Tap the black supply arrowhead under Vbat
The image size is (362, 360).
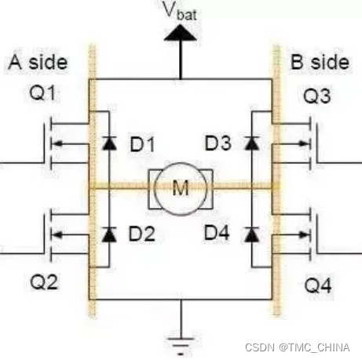click(x=180, y=33)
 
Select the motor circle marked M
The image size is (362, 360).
click(x=181, y=189)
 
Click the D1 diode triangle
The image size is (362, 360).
click(x=109, y=143)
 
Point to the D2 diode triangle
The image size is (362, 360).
click(x=109, y=234)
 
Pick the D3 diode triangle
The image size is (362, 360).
click(x=251, y=143)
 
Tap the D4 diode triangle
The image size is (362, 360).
click(x=251, y=234)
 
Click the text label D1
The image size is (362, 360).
click(x=142, y=144)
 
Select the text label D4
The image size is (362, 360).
click(x=217, y=233)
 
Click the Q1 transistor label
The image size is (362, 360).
click(x=42, y=93)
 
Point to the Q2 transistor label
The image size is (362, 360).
click(x=44, y=282)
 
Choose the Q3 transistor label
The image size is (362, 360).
click(x=316, y=96)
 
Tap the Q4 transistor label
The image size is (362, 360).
click(x=318, y=285)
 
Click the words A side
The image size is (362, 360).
click(x=38, y=62)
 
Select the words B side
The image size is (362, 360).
click(x=320, y=62)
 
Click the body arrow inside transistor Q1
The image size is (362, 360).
click(x=70, y=144)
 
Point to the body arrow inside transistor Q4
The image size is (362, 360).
click(x=291, y=235)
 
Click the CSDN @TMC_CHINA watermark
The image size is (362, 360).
click(x=298, y=347)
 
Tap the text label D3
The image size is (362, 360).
click(x=218, y=144)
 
